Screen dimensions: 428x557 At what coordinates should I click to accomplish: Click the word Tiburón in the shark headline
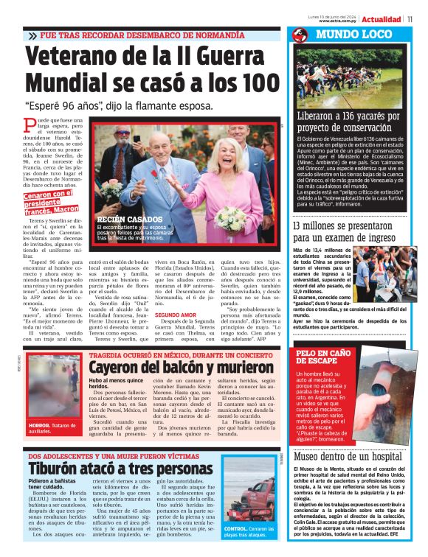click(55, 469)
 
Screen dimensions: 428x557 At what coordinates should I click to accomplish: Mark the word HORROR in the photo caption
click(38, 426)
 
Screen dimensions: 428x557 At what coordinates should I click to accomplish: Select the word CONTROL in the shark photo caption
click(236, 529)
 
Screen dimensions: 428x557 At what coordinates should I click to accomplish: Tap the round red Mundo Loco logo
click(300, 35)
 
